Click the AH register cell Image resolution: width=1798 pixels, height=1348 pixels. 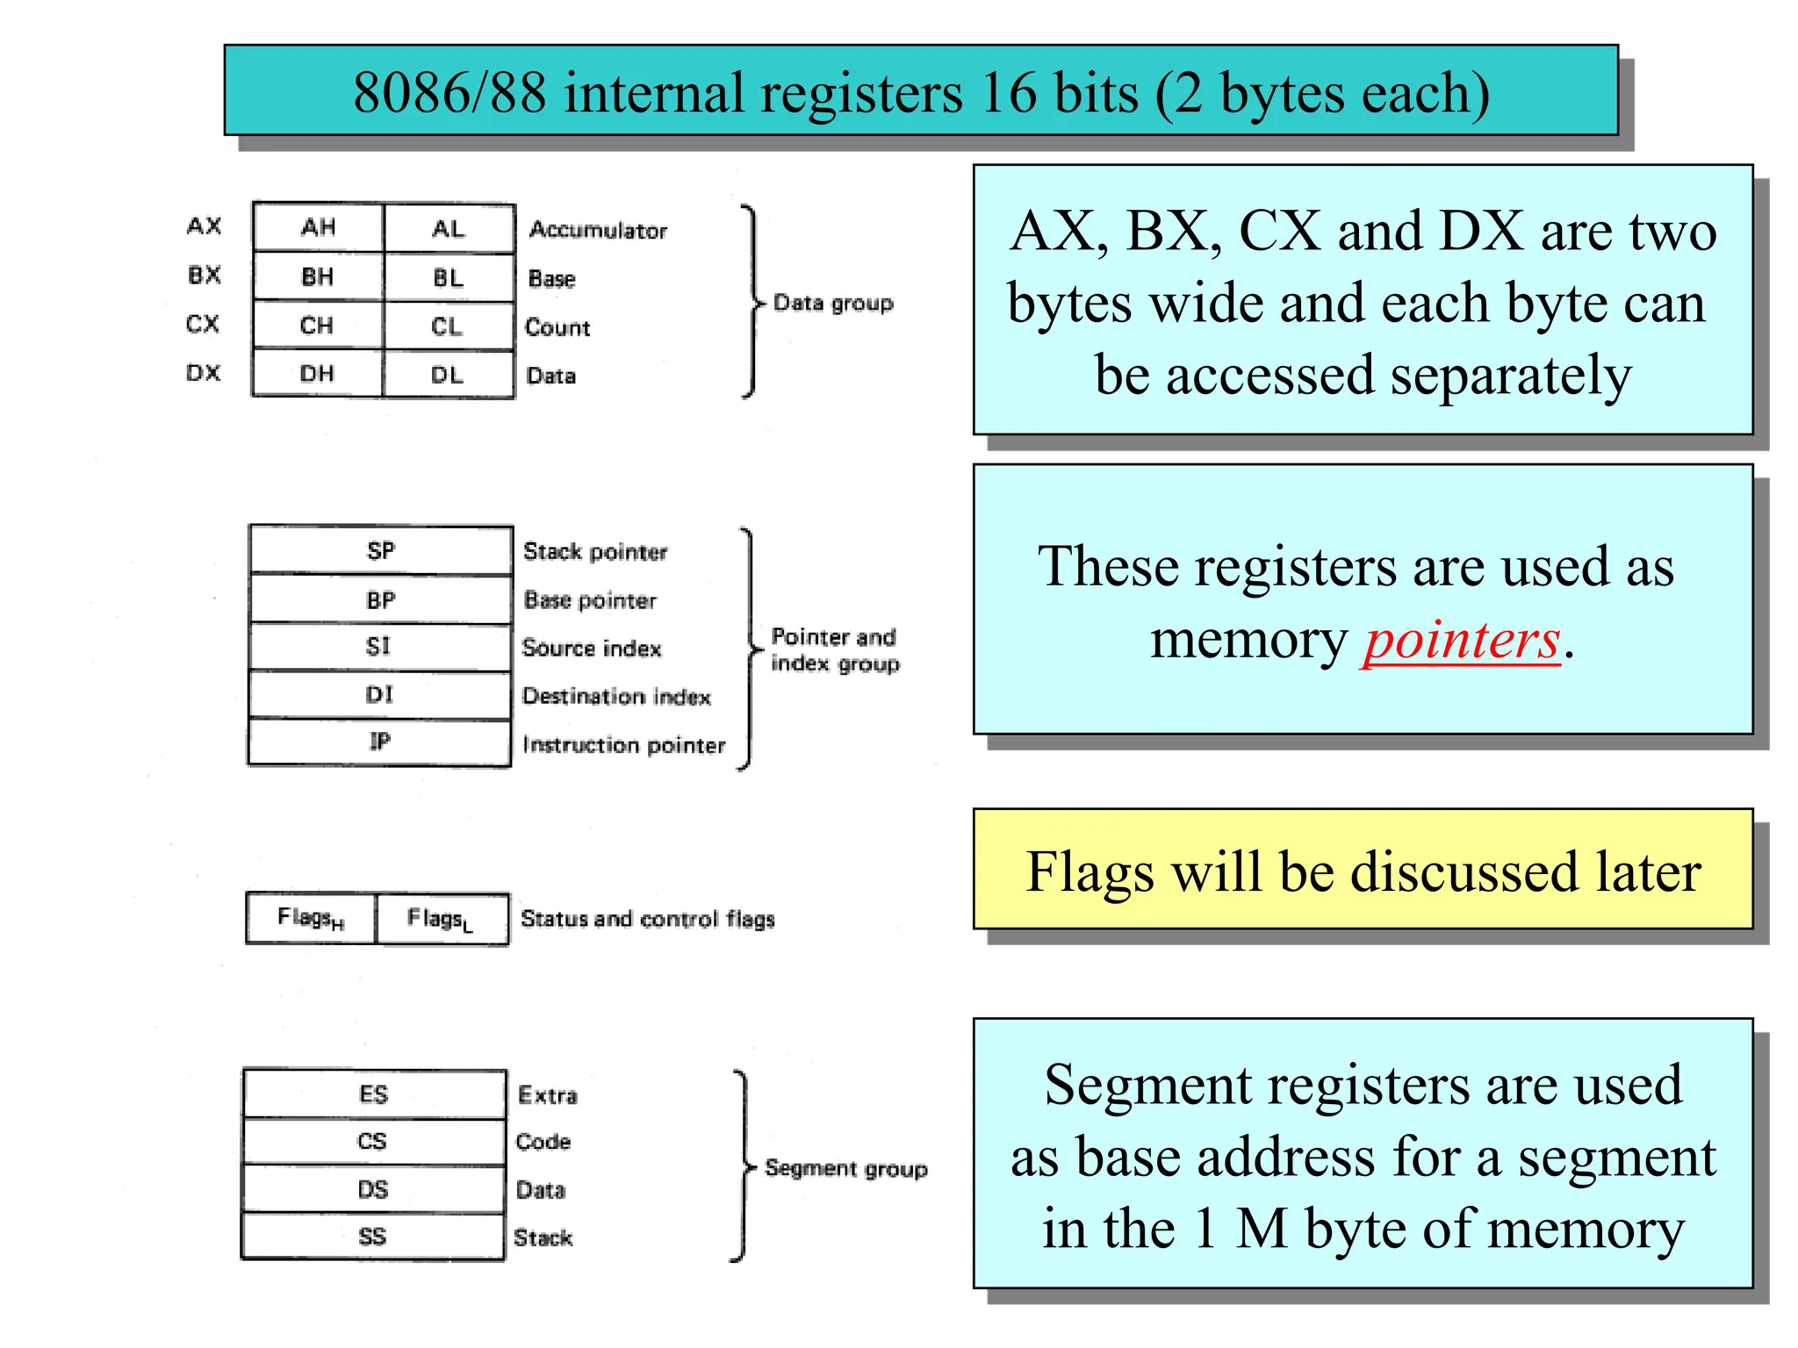click(318, 228)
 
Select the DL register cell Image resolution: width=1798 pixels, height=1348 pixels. click(448, 375)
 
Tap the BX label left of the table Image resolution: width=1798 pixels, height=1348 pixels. click(204, 275)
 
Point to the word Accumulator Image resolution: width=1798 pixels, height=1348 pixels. click(598, 230)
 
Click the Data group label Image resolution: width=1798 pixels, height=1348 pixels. click(832, 303)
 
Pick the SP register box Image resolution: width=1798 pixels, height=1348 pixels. click(380, 550)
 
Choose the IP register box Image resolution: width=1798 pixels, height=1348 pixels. click(379, 742)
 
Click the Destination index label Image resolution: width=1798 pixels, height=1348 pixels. click(616, 696)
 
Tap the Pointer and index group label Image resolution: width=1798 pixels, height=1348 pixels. click(834, 649)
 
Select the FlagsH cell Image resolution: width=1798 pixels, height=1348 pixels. click(311, 918)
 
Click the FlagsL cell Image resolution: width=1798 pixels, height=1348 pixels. click(441, 919)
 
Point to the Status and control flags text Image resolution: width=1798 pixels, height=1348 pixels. click(647, 919)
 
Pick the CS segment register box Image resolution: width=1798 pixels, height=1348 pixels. click(372, 1141)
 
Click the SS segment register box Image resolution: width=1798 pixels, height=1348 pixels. click(372, 1237)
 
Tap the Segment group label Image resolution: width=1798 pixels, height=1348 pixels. click(845, 1168)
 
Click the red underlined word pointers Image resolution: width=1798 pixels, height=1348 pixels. click(1461, 640)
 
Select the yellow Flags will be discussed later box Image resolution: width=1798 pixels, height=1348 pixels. click(1363, 869)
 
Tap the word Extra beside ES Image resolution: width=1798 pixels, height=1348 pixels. click(548, 1094)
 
